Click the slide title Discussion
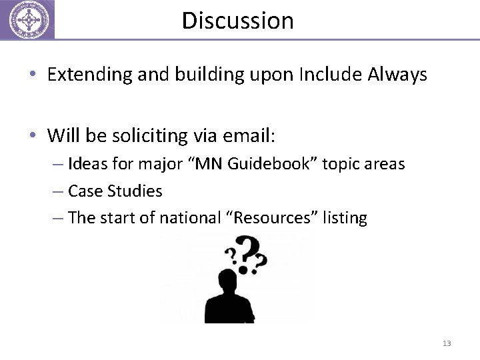click(237, 21)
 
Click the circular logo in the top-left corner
click(27, 19)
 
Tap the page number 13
click(446, 343)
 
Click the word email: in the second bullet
click(247, 137)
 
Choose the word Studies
click(137, 191)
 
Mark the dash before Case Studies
click(57, 191)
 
